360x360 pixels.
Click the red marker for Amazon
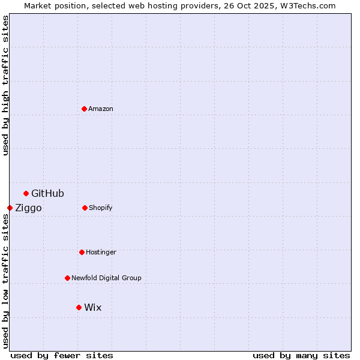pyautogui.click(x=84, y=109)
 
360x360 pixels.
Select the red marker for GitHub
pyautogui.click(x=26, y=193)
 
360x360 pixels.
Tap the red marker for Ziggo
pyautogui.click(x=10, y=208)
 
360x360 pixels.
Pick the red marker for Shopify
pyautogui.click(x=85, y=208)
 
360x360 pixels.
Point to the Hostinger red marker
pyautogui.click(x=82, y=252)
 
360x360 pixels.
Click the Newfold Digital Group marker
pyautogui.click(x=67, y=278)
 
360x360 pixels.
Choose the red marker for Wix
pyautogui.click(x=79, y=307)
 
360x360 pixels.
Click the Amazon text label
pyautogui.click(x=101, y=109)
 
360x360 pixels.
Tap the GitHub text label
pyautogui.click(x=47, y=193)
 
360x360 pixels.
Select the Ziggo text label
pyautogui.click(x=28, y=208)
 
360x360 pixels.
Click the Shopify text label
pyautogui.click(x=101, y=208)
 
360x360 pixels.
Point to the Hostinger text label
pyautogui.click(x=101, y=252)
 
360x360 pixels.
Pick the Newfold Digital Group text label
pyautogui.click(x=106, y=278)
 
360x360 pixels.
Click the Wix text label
pyautogui.click(x=93, y=307)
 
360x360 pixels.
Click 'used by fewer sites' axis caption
pyautogui.click(x=62, y=355)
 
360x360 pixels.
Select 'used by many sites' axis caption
pyautogui.click(x=301, y=355)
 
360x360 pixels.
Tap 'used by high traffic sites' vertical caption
pyautogui.click(x=5, y=85)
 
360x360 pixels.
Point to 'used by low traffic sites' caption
pyautogui.click(x=5, y=281)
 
